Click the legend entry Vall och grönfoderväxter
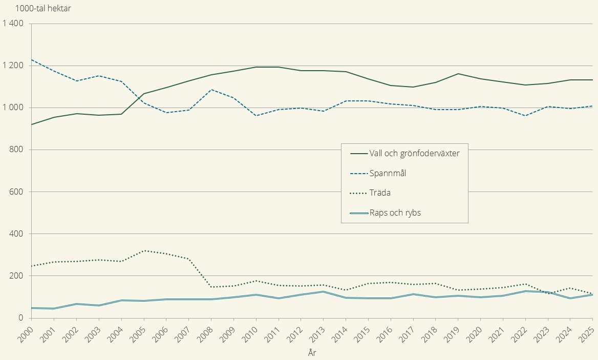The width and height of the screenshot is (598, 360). [x=415, y=153]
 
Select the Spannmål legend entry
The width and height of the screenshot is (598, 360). [x=388, y=173]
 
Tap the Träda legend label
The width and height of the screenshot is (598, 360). [x=380, y=193]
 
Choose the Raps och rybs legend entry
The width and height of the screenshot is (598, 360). [x=395, y=213]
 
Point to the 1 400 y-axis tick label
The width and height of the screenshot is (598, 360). [x=13, y=24]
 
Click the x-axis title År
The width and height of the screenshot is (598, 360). [x=312, y=352]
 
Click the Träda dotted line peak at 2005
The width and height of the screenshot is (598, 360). [x=144, y=250]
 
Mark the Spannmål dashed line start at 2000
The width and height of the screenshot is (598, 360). [x=32, y=60]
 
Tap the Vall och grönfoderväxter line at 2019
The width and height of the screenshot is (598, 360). [x=458, y=74]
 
